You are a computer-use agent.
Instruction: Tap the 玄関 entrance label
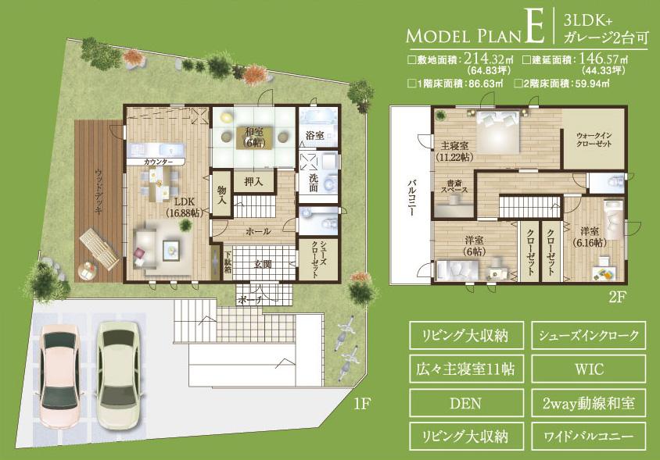262,264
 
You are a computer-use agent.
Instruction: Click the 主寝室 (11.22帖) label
454,150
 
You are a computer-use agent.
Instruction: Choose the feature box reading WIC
588,366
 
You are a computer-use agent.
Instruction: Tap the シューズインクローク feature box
588,336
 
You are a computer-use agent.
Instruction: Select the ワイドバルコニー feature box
588,433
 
